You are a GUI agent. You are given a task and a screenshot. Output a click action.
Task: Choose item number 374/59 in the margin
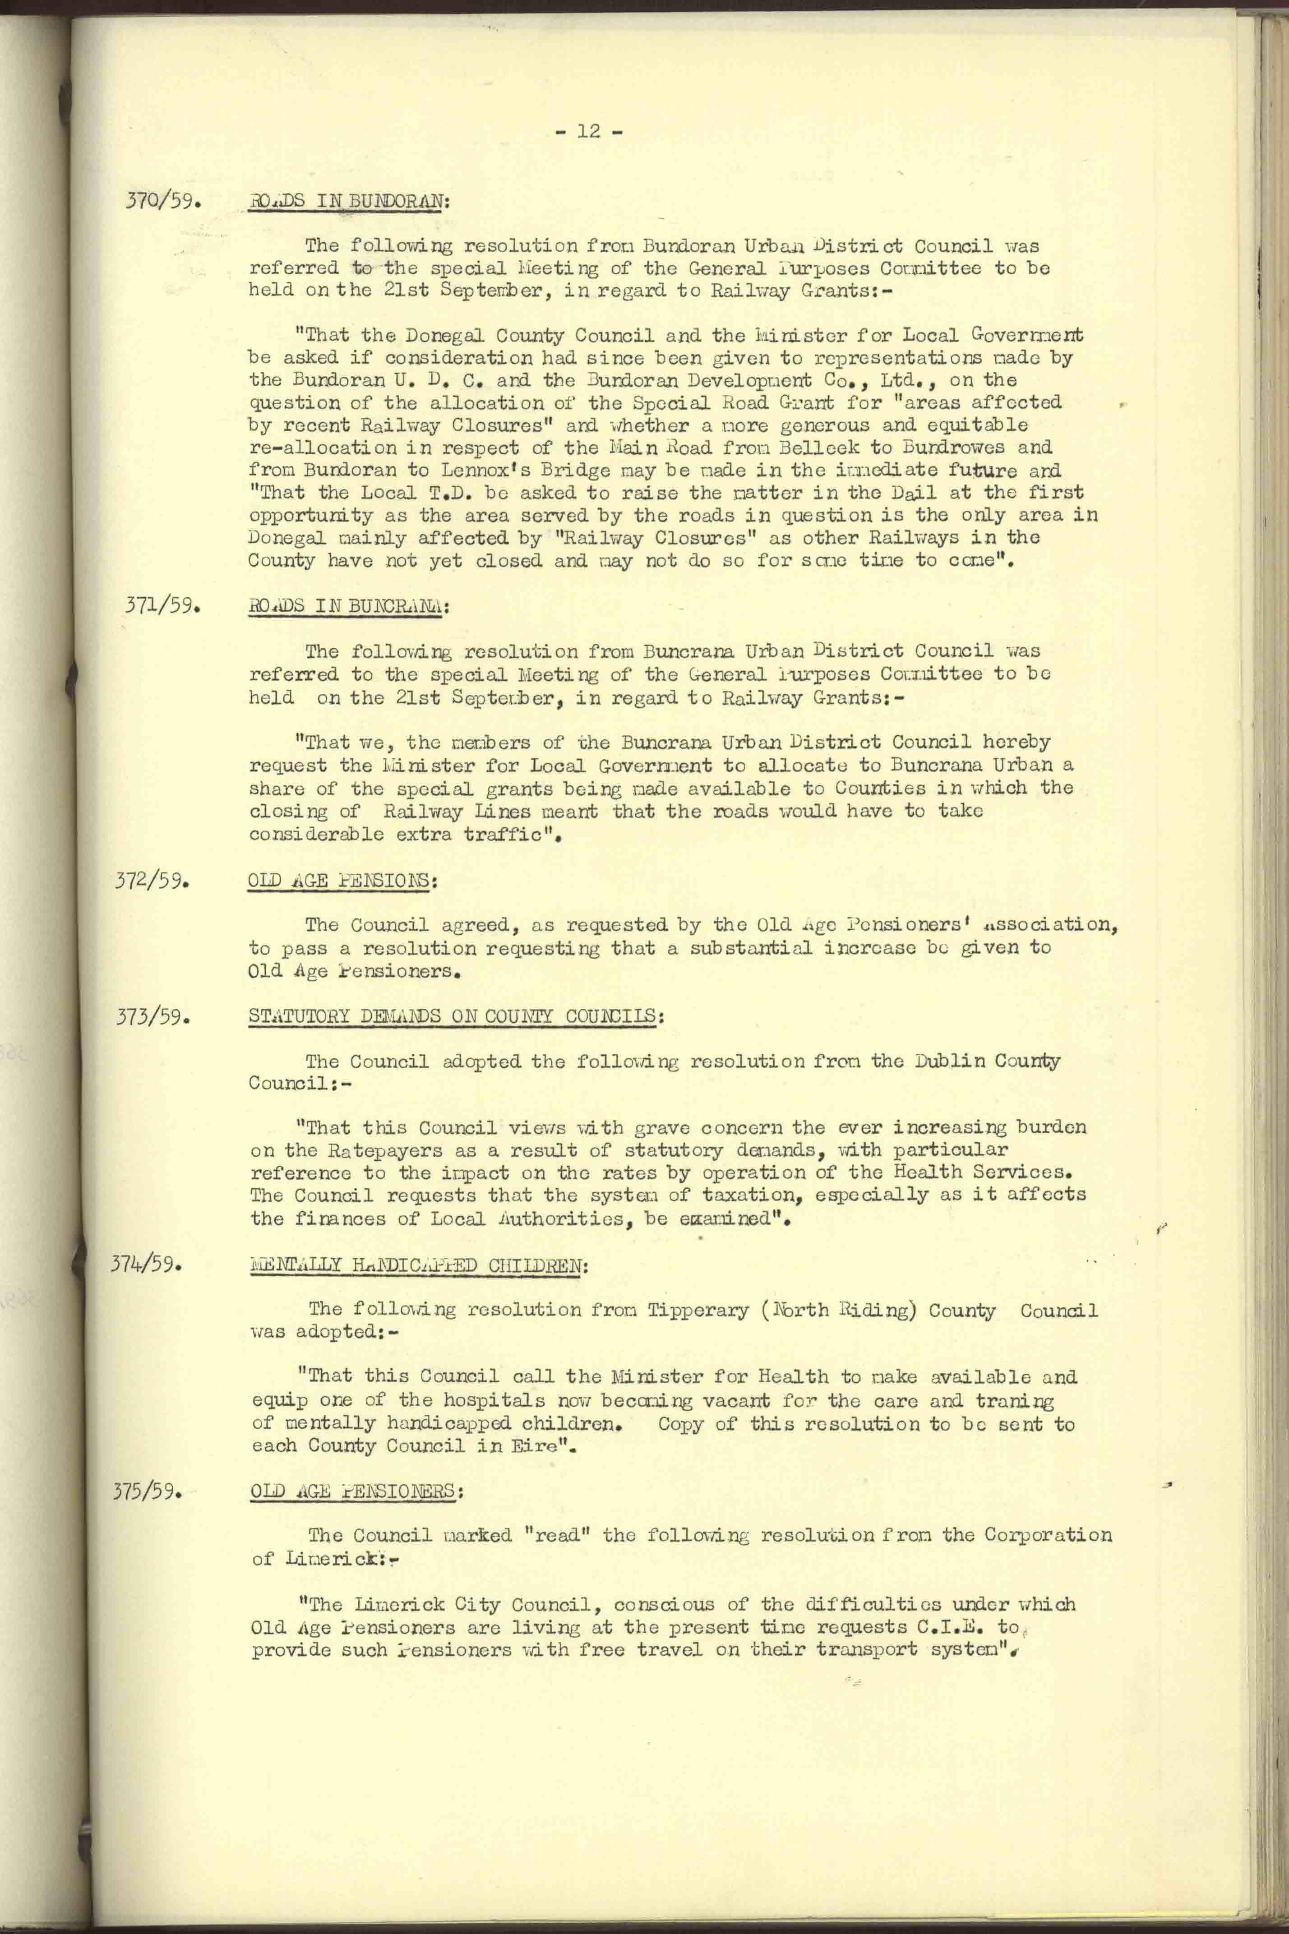pos(146,1263)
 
